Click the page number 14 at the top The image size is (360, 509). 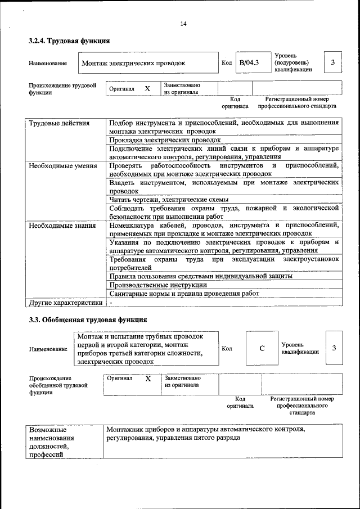click(183, 24)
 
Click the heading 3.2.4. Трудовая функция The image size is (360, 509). click(69, 41)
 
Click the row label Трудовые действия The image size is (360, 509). click(51, 123)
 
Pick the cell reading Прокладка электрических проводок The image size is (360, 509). click(164, 139)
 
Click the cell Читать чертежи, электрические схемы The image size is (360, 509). click(169, 200)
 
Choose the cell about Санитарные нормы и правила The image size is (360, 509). click(184, 294)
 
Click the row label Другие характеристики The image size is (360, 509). click(66, 303)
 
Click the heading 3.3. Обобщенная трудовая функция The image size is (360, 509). click(88, 319)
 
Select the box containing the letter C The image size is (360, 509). click(262, 348)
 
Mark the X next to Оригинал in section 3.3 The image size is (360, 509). click(148, 379)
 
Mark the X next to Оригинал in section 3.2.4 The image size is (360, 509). click(147, 89)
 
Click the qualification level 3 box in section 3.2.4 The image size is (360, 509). click(333, 62)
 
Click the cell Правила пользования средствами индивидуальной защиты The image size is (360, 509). click(201, 276)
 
